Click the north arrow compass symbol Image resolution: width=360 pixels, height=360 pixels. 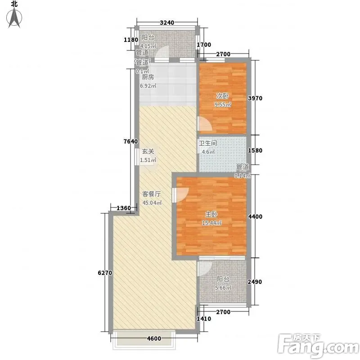click(14, 18)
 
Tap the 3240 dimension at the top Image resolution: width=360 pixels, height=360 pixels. click(167, 22)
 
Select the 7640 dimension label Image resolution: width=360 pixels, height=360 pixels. click(130, 141)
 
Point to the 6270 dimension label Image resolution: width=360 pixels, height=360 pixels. click(105, 273)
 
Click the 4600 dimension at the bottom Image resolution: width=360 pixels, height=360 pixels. click(154, 338)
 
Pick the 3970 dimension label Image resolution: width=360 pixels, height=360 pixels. click(255, 98)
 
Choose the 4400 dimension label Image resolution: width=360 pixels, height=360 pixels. click(255, 216)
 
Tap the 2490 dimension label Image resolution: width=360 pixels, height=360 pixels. click(255, 282)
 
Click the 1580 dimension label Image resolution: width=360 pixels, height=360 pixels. click(255, 150)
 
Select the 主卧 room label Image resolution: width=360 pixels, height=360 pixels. click(211, 214)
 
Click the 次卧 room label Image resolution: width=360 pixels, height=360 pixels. click(223, 96)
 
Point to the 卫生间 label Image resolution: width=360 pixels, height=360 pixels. click(208, 143)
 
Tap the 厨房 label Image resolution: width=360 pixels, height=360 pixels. click(148, 77)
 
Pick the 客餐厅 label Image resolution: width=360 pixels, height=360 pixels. click(152, 194)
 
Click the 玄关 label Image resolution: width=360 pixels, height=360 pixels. click(148, 151)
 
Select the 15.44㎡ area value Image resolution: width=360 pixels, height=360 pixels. click(211, 223)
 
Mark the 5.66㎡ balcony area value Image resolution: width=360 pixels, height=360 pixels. click(223, 288)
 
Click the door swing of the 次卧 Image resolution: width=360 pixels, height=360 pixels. click(205, 124)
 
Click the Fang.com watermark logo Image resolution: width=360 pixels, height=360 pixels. click(318, 345)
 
